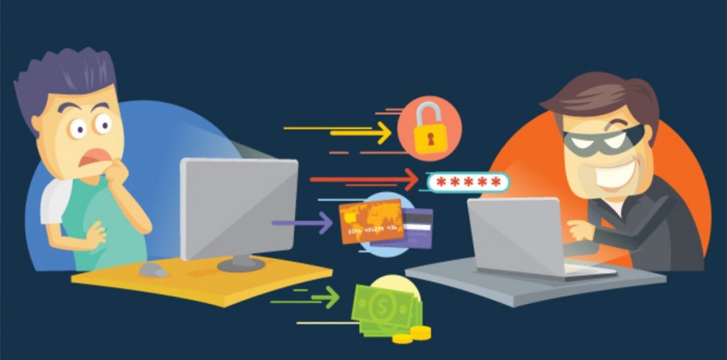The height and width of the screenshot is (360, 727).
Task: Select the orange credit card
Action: pyautogui.click(x=370, y=221)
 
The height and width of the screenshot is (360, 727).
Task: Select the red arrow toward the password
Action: pyautogui.click(x=367, y=179)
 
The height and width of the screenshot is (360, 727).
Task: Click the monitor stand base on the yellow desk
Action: pyautogui.click(x=239, y=264)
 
